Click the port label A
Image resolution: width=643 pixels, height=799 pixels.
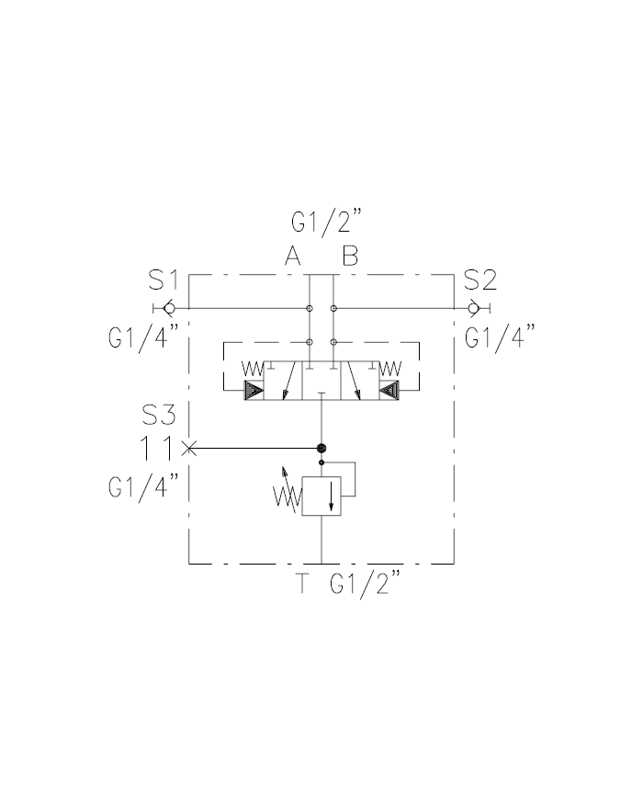tap(293, 256)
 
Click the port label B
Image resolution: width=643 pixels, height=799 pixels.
tap(350, 256)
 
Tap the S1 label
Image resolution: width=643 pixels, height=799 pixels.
tap(164, 280)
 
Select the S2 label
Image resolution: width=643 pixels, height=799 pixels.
tap(480, 280)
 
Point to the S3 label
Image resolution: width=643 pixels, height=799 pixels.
tap(159, 415)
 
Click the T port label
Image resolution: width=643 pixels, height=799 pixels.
tap(303, 583)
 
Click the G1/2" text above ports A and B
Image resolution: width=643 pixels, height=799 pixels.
tap(326, 223)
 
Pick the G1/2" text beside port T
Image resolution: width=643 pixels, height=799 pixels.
tap(366, 585)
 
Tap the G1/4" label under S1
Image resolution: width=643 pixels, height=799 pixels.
tap(143, 337)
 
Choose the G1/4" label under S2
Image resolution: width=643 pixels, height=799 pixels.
tap(501, 337)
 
